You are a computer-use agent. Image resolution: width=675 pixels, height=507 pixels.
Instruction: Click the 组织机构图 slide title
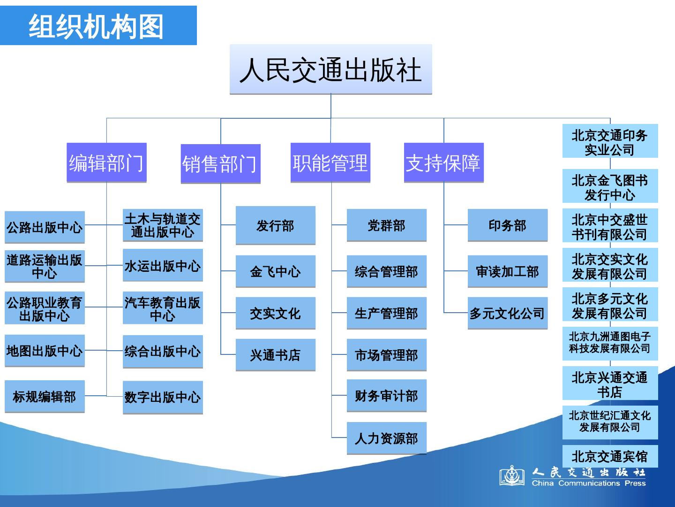(97, 26)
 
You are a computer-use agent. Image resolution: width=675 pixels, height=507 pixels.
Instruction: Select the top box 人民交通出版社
(330, 70)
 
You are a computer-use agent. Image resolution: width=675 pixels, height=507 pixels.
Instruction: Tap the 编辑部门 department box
(106, 162)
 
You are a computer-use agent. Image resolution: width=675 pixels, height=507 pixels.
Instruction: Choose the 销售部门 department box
(220, 163)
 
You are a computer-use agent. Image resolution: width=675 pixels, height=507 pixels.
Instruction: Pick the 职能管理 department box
(330, 162)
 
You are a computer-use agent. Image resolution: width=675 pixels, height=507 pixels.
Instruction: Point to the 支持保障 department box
(443, 162)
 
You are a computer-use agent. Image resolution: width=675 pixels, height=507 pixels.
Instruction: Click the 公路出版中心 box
(45, 227)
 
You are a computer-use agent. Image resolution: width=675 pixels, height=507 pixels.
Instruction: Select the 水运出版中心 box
(163, 266)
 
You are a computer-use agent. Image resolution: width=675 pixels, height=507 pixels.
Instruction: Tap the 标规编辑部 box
(45, 397)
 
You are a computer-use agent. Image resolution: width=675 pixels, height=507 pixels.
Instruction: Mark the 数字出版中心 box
(163, 397)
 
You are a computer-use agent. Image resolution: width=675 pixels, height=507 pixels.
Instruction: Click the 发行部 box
(275, 225)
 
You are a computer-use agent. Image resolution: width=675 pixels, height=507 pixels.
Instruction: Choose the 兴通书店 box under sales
(275, 355)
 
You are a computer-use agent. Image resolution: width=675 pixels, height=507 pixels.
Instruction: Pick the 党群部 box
(386, 225)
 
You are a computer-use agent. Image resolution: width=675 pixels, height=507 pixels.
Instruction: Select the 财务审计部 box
(386, 396)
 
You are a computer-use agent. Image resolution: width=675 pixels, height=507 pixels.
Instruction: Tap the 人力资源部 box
(386, 438)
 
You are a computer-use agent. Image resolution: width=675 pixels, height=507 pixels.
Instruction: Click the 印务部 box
(507, 225)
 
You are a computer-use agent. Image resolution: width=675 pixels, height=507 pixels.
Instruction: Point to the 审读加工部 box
(507, 271)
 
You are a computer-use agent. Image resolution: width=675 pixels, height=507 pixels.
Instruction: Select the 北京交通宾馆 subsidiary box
(610, 456)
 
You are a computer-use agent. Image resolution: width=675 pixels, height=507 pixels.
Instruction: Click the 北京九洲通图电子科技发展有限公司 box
(610, 343)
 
